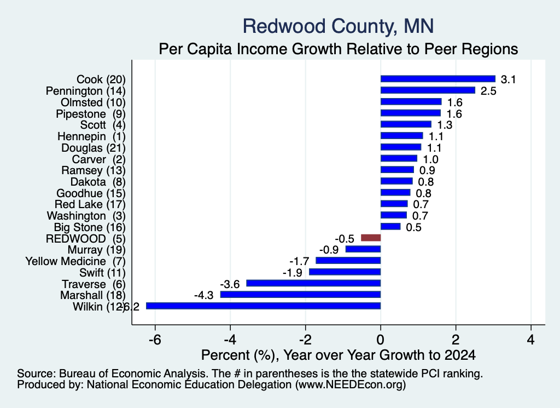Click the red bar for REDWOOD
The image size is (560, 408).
pos(371,238)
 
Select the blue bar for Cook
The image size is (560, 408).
pos(438,79)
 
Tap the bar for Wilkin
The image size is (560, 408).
pos(263,306)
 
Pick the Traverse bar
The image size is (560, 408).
pos(313,283)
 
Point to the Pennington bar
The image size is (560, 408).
pos(428,90)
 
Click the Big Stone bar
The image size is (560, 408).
pos(390,226)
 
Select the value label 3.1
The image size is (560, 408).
pos(508,79)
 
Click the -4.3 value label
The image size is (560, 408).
pos(203,295)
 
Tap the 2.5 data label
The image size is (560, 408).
pos(488,91)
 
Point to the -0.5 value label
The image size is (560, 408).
pos(345,239)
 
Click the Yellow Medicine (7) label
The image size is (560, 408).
pos(75,261)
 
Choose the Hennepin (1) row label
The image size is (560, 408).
pos(91,136)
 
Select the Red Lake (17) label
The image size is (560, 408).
pos(90,204)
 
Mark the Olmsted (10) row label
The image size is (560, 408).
pos(93,102)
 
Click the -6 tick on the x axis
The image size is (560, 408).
pos(155,339)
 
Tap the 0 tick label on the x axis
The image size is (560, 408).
pos(381,339)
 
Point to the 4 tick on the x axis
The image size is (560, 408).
pos(531,339)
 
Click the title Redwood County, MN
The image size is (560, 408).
pos(338,26)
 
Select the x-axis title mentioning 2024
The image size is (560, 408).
pos(338,355)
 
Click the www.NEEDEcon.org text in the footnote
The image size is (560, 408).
pos(350,385)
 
